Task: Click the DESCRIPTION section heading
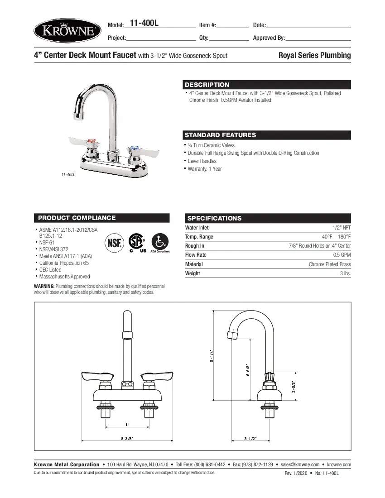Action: [x=207, y=85]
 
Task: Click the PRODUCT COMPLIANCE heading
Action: [x=77, y=218]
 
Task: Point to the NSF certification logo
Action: [x=114, y=243]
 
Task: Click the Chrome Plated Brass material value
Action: [x=330, y=264]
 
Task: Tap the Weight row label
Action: [x=192, y=273]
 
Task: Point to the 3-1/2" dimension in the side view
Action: [x=250, y=439]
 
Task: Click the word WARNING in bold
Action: [x=44, y=286]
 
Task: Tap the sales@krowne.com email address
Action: [x=300, y=464]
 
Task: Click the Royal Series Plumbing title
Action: [x=315, y=56]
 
